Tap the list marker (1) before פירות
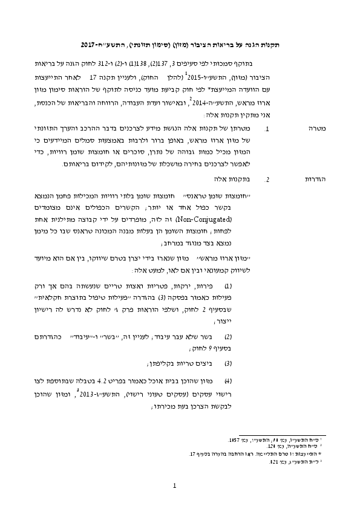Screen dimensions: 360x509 coord(228,285)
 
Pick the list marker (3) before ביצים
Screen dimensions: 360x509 coord(228,364)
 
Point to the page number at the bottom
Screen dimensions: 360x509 coord(174,485)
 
